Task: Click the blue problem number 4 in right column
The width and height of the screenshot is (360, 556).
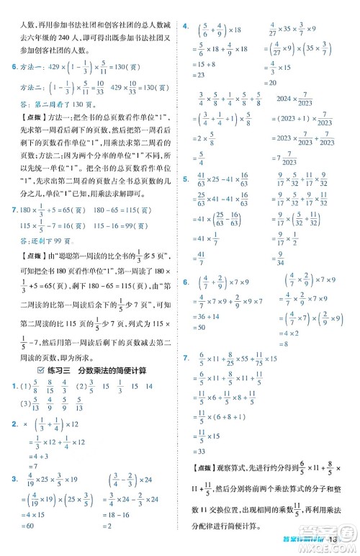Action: [185, 26]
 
